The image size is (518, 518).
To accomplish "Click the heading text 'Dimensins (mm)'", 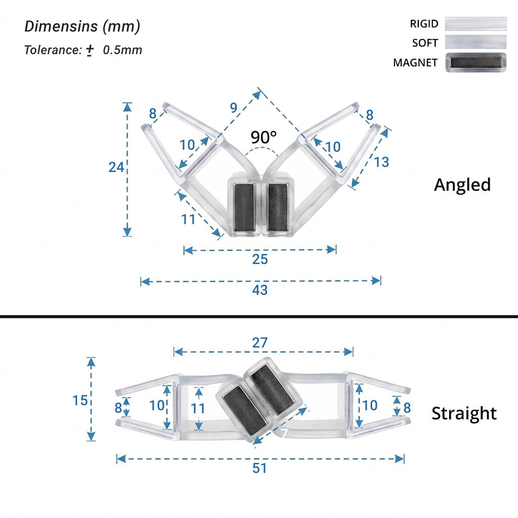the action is [82, 26].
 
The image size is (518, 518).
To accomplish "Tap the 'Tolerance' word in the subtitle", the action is [53, 50].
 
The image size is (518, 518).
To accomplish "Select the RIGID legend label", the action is [424, 24].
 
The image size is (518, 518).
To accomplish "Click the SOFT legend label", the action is [425, 43].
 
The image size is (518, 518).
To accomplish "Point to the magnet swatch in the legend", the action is [476, 62].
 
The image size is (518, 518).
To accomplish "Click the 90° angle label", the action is [263, 137].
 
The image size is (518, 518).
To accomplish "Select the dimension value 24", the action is [116, 167].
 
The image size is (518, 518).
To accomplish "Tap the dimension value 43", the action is [260, 290].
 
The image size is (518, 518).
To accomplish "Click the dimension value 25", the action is [260, 260].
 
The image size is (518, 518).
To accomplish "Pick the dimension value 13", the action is [381, 162].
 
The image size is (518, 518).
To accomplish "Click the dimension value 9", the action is [234, 108].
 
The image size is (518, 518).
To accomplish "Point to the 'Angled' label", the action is [462, 185].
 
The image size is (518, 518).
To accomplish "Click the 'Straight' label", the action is [464, 413].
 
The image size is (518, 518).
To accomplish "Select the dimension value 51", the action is [260, 468].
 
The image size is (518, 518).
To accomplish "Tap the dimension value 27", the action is [260, 342].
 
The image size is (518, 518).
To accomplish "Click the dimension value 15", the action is [80, 401].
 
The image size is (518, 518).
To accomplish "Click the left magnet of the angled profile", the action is [244, 207].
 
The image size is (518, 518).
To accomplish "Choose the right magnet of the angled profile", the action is [278, 207].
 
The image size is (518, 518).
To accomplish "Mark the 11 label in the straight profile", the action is [198, 409].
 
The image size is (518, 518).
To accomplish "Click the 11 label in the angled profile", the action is [188, 220].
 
